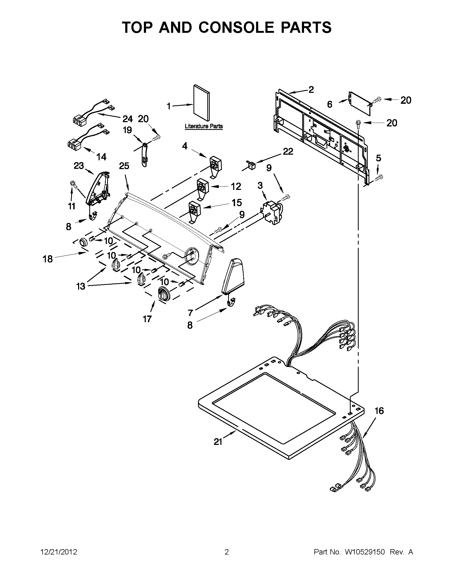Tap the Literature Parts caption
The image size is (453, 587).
coord(204,126)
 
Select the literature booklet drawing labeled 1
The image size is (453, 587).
coord(202,103)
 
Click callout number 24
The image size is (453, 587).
coord(128,118)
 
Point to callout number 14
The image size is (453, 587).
coord(101,157)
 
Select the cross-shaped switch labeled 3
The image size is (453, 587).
coord(272,212)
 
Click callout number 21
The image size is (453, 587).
coord(218,442)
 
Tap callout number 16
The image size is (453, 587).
coord(379,411)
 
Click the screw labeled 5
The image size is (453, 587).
coord(379,177)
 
